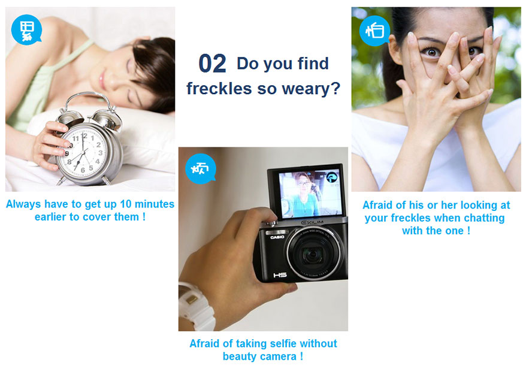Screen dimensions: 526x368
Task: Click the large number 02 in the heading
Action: (x=212, y=64)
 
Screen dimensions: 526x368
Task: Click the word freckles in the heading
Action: (x=219, y=89)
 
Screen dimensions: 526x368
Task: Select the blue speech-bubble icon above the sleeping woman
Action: (x=26, y=29)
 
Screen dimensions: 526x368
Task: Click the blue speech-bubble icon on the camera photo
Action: (x=200, y=169)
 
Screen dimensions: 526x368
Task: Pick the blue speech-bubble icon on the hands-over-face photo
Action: (x=374, y=31)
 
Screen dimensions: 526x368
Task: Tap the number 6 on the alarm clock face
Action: (x=83, y=170)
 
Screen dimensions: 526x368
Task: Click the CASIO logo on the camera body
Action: (x=277, y=237)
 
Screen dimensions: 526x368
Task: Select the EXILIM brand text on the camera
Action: (x=312, y=222)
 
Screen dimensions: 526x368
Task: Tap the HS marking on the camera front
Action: (x=280, y=275)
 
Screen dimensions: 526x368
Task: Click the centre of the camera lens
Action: (x=312, y=254)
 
